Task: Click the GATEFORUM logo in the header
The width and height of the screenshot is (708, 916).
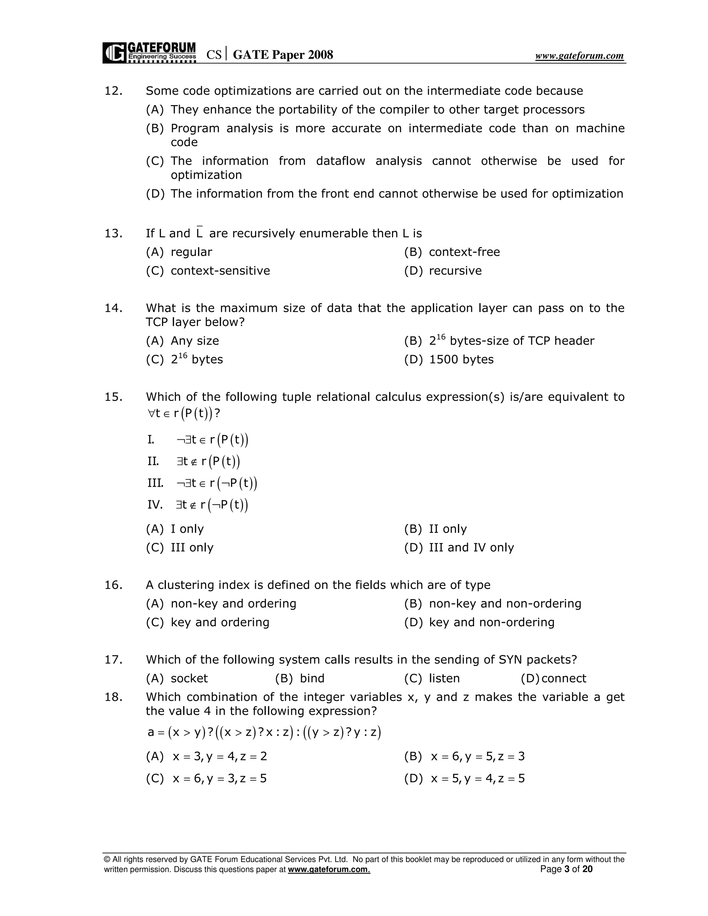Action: click(149, 53)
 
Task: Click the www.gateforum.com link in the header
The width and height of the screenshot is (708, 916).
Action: click(579, 56)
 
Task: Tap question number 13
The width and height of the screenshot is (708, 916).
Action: click(113, 234)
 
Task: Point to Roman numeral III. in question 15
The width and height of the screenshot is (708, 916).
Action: click(155, 483)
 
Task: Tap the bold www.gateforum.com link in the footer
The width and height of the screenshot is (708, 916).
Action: click(329, 869)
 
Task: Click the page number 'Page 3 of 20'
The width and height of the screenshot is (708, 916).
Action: click(566, 869)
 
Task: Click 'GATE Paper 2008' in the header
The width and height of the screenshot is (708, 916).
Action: click(283, 55)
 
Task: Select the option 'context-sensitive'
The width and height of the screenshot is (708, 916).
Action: click(220, 271)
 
